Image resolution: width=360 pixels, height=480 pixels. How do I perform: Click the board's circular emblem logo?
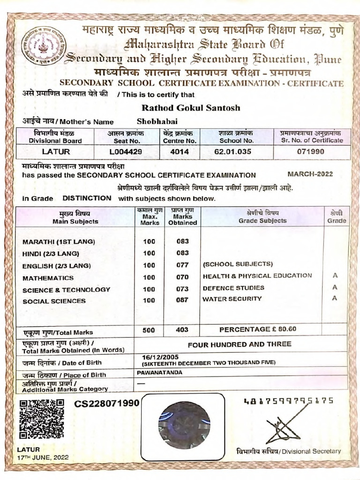[45, 45]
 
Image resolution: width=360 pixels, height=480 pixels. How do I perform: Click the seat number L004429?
[125, 152]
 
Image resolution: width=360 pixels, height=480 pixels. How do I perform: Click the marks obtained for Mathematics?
[182, 277]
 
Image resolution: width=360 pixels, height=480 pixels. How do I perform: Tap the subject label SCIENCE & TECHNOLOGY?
[66, 290]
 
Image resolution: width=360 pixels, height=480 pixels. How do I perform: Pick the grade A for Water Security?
[335, 299]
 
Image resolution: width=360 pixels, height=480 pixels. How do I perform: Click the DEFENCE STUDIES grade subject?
[233, 288]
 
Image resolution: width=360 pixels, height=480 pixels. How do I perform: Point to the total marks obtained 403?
[182, 330]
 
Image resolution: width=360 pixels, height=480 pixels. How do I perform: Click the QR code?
[42, 419]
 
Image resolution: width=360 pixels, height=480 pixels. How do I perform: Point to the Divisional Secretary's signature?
[283, 429]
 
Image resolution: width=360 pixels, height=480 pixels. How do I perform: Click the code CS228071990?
[106, 404]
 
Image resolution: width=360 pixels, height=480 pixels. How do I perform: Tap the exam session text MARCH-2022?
[310, 174]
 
